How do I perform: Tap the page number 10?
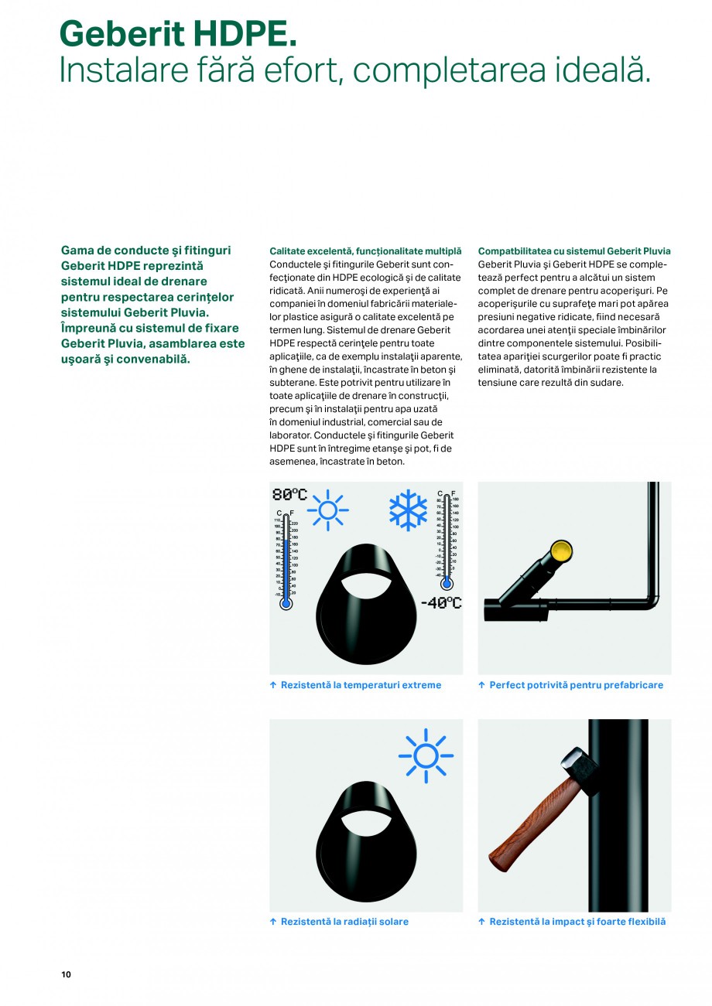click(66, 974)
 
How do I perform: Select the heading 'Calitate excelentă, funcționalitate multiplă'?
click(365, 251)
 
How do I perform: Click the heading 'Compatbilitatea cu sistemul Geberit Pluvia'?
click(574, 251)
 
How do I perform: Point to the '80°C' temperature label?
click(289, 495)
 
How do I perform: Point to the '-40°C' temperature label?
click(440, 603)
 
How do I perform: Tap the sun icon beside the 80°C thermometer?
click(327, 510)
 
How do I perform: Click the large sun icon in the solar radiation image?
click(426, 755)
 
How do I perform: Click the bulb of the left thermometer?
click(286, 602)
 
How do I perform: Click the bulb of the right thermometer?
click(447, 584)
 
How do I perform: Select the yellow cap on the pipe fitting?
click(561, 551)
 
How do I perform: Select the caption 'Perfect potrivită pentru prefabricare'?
click(576, 685)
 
